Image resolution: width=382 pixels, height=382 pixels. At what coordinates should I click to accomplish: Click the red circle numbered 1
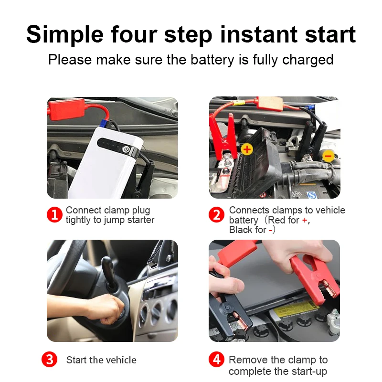pyautogui.click(x=54, y=214)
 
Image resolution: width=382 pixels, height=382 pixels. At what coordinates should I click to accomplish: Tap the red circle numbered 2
pyautogui.click(x=216, y=214)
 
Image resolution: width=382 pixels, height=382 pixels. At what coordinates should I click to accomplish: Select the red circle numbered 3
pyautogui.click(x=49, y=360)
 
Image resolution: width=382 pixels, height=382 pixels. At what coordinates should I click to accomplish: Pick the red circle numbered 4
pyautogui.click(x=216, y=360)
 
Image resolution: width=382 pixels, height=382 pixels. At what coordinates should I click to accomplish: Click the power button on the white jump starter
pyautogui.click(x=126, y=149)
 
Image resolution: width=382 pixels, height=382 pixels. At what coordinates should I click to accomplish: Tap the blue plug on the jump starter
pyautogui.click(x=105, y=124)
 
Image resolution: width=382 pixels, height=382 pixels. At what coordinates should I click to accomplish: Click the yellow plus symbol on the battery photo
pyautogui.click(x=247, y=149)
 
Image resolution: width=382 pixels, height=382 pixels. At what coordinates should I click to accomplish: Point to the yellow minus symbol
pyautogui.click(x=328, y=156)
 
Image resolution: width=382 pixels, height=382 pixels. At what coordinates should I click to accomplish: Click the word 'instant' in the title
pyautogui.click(x=259, y=34)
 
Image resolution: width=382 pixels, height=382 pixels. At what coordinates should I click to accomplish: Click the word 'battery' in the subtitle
pyautogui.click(x=212, y=60)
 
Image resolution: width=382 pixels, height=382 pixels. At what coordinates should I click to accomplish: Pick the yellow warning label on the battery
pyautogui.click(x=296, y=309)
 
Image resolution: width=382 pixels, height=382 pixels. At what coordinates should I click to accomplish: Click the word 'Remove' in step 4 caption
pyautogui.click(x=248, y=360)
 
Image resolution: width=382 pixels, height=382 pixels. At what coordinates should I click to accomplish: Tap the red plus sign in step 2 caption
pyautogui.click(x=305, y=220)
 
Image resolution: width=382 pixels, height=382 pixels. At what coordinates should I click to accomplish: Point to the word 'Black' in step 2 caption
pyautogui.click(x=241, y=230)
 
